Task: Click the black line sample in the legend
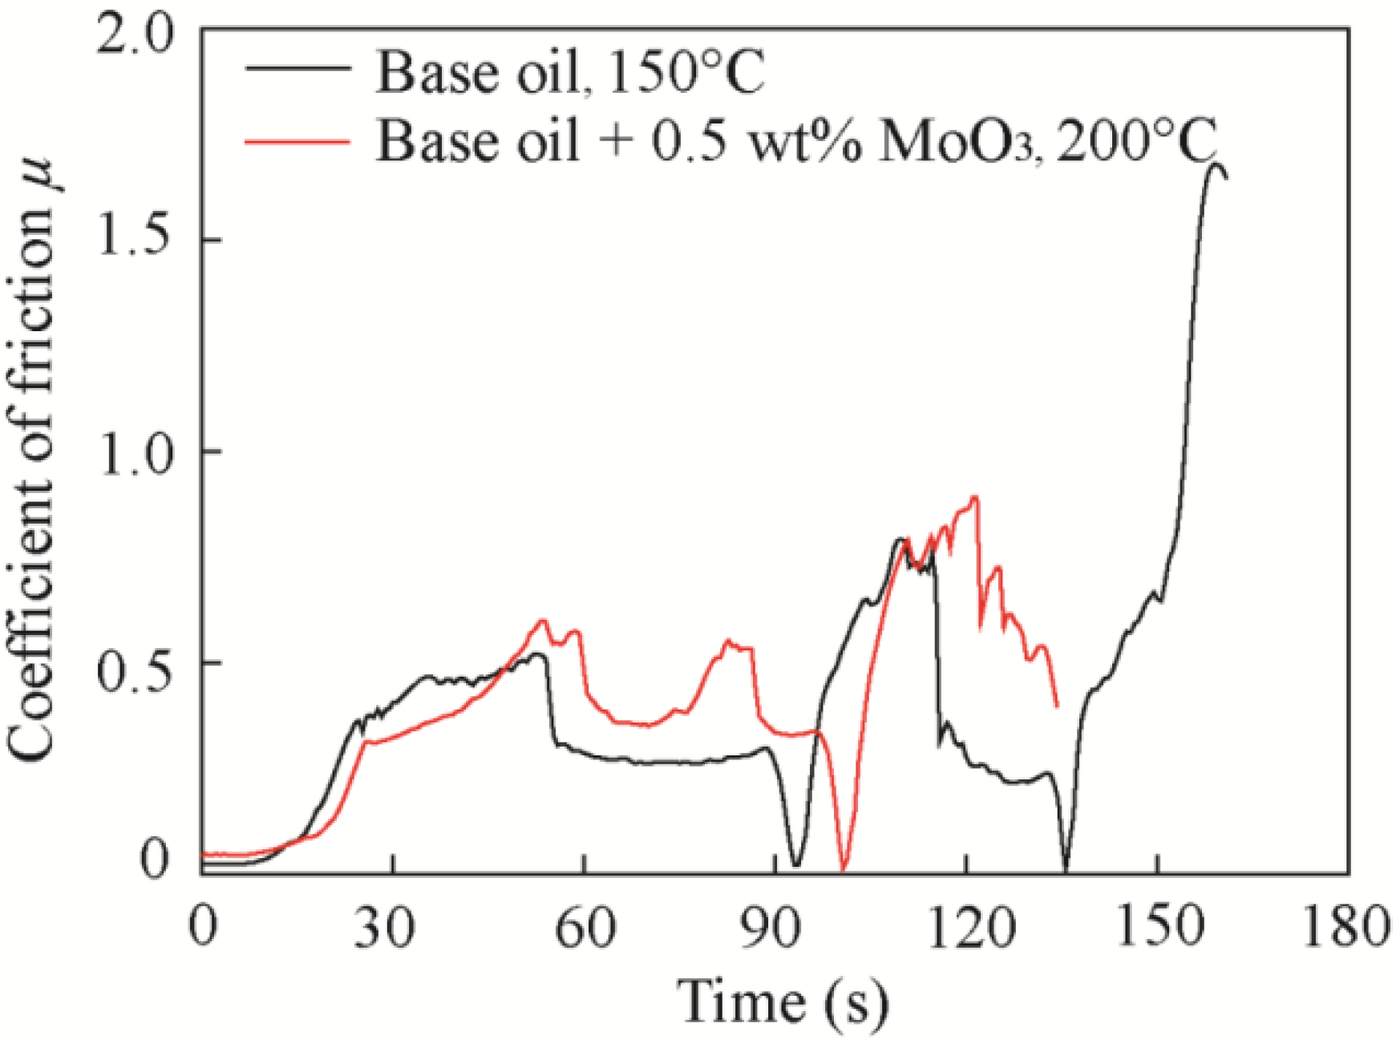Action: click(297, 69)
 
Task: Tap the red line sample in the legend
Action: click(297, 142)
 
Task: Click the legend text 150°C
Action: click(686, 74)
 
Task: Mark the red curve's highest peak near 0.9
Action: click(974, 497)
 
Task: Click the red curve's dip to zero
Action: click(843, 868)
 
